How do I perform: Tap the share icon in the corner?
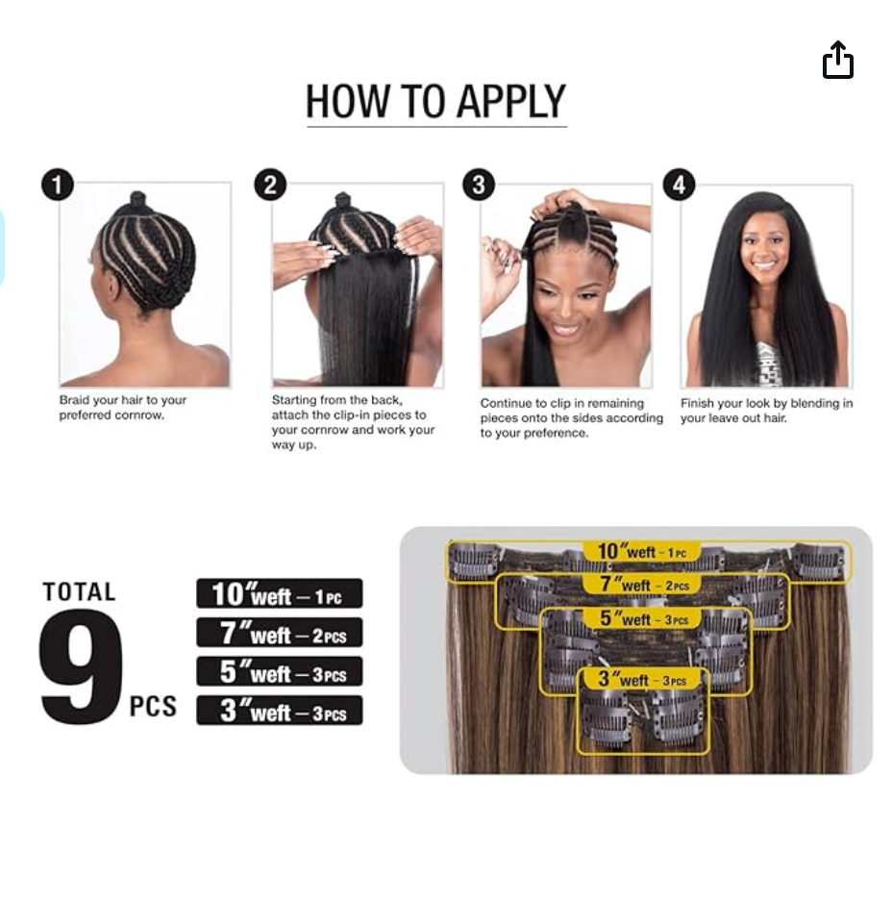pos(837,60)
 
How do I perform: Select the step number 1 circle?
pos(58,186)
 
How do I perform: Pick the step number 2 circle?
pos(270,186)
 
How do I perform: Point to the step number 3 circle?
pos(479,186)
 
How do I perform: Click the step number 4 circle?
pos(680,186)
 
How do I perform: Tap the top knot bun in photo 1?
pos(137,201)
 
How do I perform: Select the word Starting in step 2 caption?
pos(294,400)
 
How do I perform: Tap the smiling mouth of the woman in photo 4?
pos(764,265)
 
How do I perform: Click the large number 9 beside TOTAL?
pos(81,666)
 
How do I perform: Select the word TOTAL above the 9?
pos(80,592)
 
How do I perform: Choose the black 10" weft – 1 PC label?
pos(280,593)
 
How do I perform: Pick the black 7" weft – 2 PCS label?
pos(280,632)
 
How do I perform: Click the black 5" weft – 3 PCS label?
pos(280,671)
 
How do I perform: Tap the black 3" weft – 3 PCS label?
pos(280,711)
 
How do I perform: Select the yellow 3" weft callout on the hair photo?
pos(642,679)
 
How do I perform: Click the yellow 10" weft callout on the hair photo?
pos(642,551)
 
